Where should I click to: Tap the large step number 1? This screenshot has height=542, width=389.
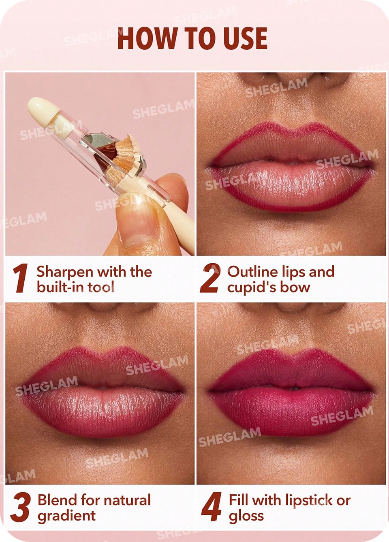click(x=21, y=278)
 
